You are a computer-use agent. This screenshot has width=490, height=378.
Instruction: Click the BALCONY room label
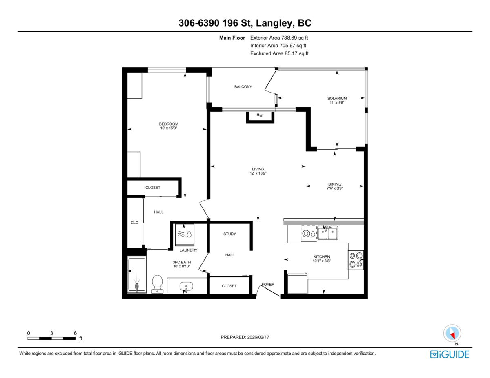pyautogui.click(x=243, y=87)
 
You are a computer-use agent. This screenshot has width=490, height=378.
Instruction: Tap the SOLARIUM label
pyautogui.click(x=337, y=98)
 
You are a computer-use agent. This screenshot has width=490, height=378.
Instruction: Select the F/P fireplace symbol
pyautogui.click(x=260, y=116)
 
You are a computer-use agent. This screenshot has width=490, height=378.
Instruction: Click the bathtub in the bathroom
pyautogui.click(x=136, y=275)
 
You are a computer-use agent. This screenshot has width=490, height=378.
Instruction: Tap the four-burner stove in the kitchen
pyautogui.click(x=356, y=260)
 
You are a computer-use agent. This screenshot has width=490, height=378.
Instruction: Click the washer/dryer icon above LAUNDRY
pyautogui.click(x=185, y=234)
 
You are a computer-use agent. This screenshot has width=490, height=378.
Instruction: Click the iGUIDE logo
pyautogui.click(x=450, y=354)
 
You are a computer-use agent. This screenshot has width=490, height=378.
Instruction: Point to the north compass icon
pyautogui.click(x=452, y=333)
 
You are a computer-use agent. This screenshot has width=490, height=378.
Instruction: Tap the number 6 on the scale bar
pyautogui.click(x=75, y=333)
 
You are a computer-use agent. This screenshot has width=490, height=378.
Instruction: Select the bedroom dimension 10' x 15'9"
pyautogui.click(x=169, y=128)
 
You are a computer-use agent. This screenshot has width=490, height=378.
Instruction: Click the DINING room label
pyautogui.click(x=334, y=184)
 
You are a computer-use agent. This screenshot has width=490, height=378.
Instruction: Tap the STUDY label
pyautogui.click(x=229, y=234)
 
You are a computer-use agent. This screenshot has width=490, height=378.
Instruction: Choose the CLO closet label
pyautogui.click(x=134, y=223)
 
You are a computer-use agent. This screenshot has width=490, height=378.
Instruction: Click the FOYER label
pyautogui.click(x=268, y=285)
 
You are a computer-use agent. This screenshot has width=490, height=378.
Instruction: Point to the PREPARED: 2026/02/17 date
pyautogui.click(x=245, y=337)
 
